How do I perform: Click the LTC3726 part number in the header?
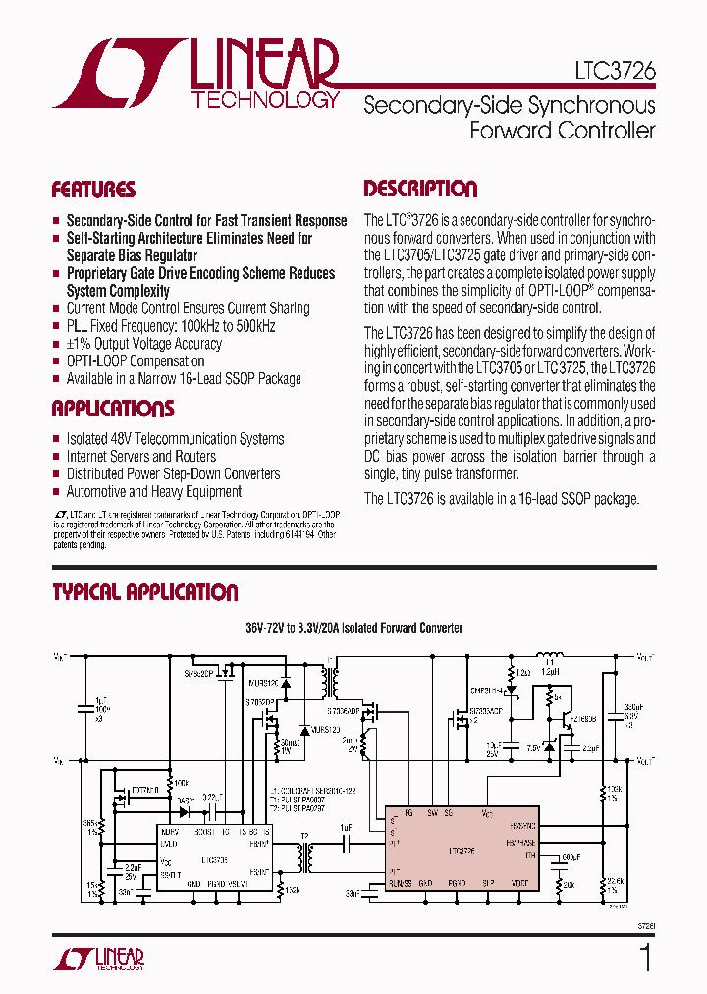pos(615,72)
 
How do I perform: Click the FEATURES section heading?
pos(93,190)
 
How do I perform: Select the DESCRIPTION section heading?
pos(420,189)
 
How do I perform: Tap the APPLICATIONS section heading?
pos(112,409)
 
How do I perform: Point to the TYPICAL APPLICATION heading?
pos(144,592)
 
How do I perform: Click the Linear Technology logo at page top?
pos(196,74)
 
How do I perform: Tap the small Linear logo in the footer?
pos(97,958)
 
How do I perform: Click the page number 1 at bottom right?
pos(645,957)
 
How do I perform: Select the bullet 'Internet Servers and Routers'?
pos(140,457)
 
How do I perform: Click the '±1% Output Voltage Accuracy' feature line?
pos(143,344)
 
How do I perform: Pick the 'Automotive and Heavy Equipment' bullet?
pos(153,492)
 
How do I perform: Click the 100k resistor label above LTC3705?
pos(182,783)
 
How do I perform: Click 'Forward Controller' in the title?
pos(562,130)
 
